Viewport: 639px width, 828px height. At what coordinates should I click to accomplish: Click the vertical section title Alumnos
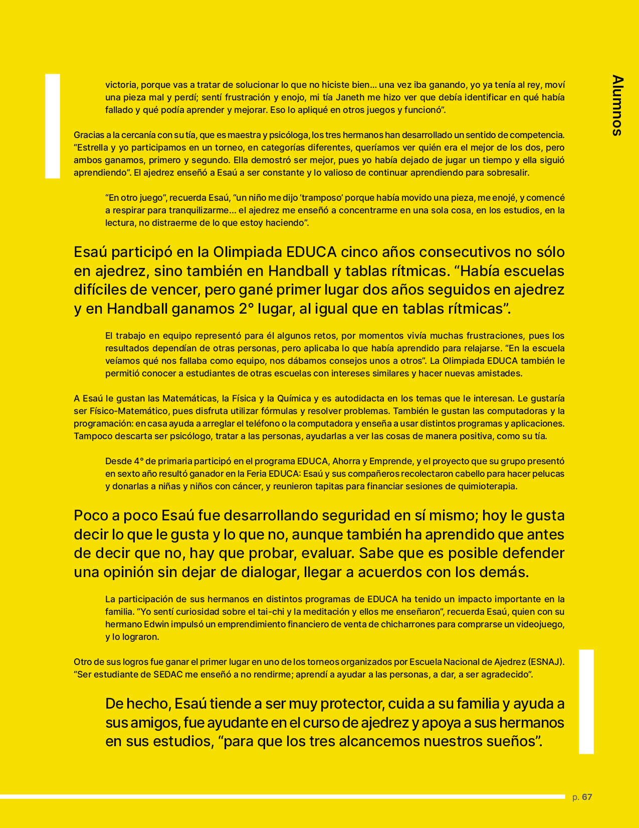click(x=617, y=105)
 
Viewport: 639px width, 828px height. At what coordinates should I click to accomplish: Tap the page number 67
click(x=587, y=797)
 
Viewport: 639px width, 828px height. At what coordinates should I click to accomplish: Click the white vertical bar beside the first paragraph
click(x=53, y=126)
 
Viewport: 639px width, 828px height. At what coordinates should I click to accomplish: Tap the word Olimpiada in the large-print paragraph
click(x=248, y=251)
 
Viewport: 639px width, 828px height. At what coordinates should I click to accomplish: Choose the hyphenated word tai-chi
click(x=279, y=612)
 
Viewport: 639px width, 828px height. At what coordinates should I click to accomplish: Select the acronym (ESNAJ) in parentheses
click(x=546, y=662)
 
